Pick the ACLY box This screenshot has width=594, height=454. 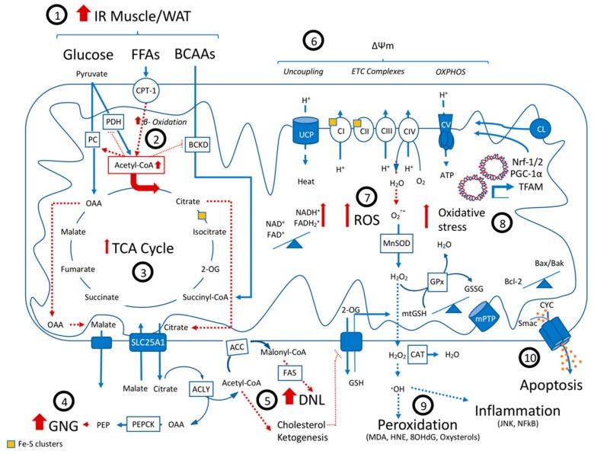(x=200, y=388)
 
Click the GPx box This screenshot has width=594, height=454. (x=440, y=281)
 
